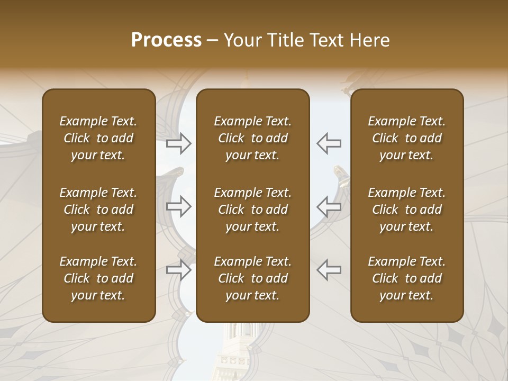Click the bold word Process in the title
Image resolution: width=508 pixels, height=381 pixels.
tap(166, 40)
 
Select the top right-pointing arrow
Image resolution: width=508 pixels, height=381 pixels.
tap(179, 143)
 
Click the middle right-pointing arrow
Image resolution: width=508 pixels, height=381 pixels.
tap(179, 206)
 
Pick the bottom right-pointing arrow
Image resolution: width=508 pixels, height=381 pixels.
tap(179, 269)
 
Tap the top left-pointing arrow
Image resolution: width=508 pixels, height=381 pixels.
tap(329, 143)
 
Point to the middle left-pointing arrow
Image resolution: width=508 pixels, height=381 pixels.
tap(329, 206)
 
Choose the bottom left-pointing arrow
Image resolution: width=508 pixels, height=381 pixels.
tap(329, 269)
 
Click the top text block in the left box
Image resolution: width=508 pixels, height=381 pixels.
tap(98, 138)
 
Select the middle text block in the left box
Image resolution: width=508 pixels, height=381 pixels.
tap(98, 209)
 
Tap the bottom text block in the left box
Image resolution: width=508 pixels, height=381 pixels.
tap(98, 278)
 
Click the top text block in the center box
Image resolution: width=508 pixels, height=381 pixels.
tap(252, 138)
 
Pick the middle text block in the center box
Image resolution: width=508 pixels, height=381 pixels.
tap(252, 209)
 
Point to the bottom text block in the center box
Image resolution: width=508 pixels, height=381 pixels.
tap(252, 278)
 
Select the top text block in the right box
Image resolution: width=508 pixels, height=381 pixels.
tap(406, 138)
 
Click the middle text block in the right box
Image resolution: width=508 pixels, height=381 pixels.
tap(406, 209)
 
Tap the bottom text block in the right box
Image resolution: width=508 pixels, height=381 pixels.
tap(406, 278)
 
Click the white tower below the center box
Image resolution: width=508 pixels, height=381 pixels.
tap(236, 352)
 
